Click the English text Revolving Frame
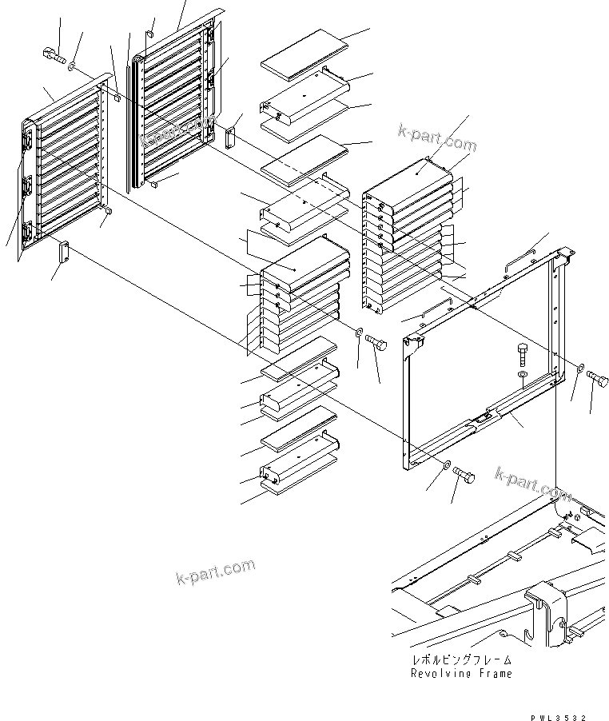tap(461, 673)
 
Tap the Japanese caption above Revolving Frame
tap(461, 660)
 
